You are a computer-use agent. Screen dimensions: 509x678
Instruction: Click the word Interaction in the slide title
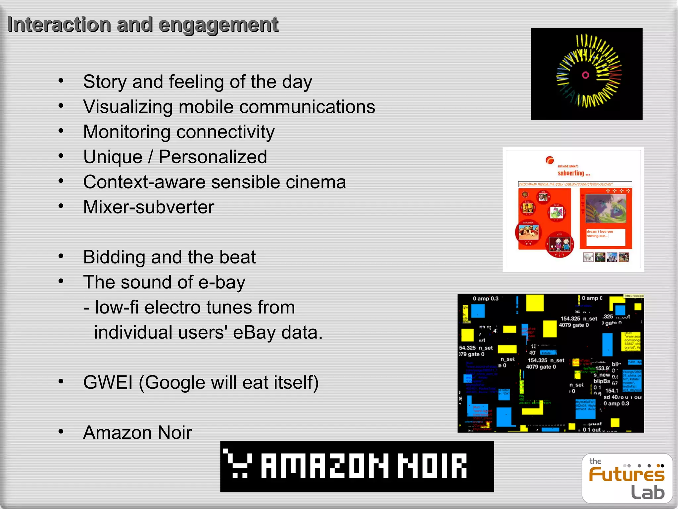59,25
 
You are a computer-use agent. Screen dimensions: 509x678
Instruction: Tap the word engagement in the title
218,25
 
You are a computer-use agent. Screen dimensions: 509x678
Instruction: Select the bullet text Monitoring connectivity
179,132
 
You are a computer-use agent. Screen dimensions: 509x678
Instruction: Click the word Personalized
213,157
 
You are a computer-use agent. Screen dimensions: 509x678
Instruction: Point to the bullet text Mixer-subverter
149,207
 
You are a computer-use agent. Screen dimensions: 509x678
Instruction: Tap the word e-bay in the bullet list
221,283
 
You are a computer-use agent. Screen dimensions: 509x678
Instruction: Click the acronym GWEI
108,382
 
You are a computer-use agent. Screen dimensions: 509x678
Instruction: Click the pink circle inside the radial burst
585,75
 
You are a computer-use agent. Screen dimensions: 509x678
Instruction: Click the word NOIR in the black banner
432,466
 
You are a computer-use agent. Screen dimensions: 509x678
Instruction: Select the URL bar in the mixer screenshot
575,184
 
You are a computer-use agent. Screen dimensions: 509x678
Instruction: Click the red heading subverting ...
574,173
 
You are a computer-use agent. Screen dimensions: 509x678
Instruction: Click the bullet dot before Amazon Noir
61,431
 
